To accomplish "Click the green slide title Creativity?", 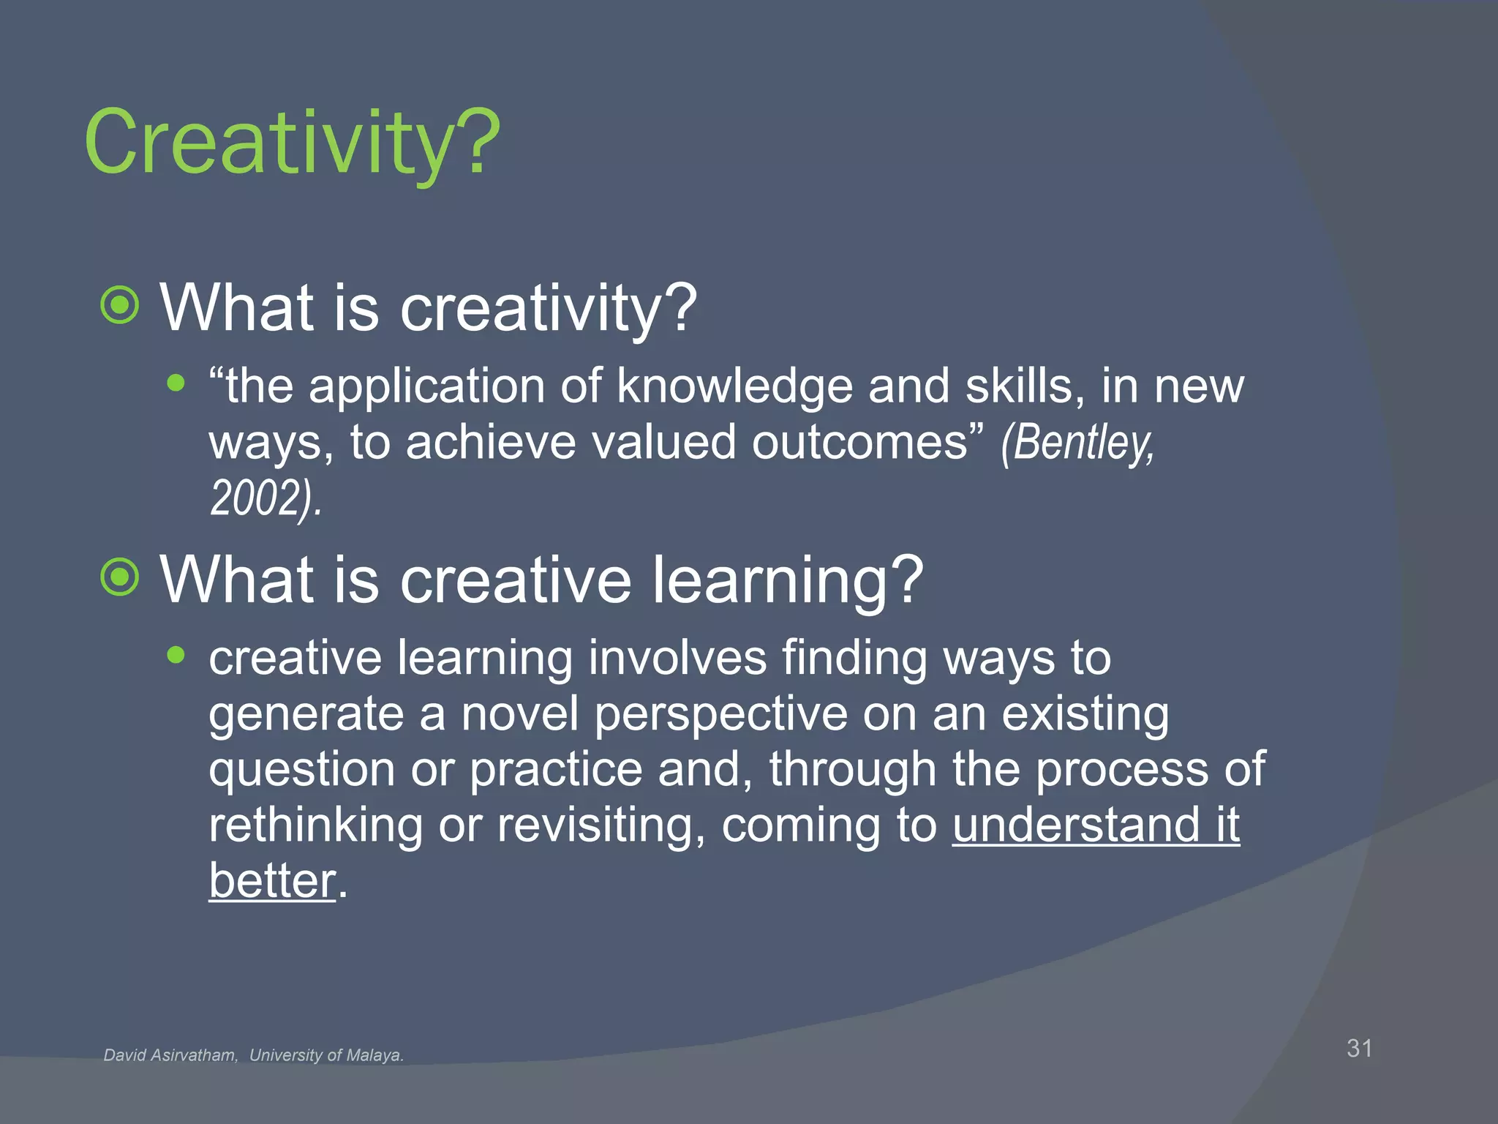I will click(293, 143).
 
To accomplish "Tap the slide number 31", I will click(1359, 1048).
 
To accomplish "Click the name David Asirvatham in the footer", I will click(170, 1055).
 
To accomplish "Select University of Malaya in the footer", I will click(326, 1055).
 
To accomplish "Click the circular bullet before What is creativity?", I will click(120, 305).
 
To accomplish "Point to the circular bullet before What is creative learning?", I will click(120, 578).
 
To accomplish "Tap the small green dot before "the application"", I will click(176, 382).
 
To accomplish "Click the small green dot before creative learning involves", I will click(176, 654).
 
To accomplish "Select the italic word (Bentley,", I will click(1078, 443).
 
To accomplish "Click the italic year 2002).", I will click(266, 499).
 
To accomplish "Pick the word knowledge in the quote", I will click(734, 386).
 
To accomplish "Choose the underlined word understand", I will click(1076, 825).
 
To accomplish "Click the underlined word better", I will click(272, 881).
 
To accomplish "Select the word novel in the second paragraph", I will click(519, 714).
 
